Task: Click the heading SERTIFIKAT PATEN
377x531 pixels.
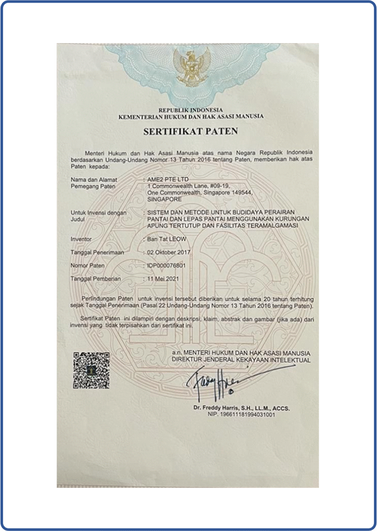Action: point(191,131)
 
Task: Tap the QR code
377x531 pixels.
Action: point(91,370)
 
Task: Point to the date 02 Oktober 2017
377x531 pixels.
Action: point(170,253)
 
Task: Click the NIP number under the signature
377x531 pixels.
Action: point(241,415)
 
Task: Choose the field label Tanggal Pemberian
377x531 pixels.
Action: point(96,278)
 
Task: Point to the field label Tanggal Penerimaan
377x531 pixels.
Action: point(98,253)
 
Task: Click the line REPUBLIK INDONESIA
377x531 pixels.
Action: point(191,110)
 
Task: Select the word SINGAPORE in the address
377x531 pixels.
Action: point(165,199)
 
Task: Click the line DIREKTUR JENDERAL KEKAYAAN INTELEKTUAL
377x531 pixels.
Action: point(241,360)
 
